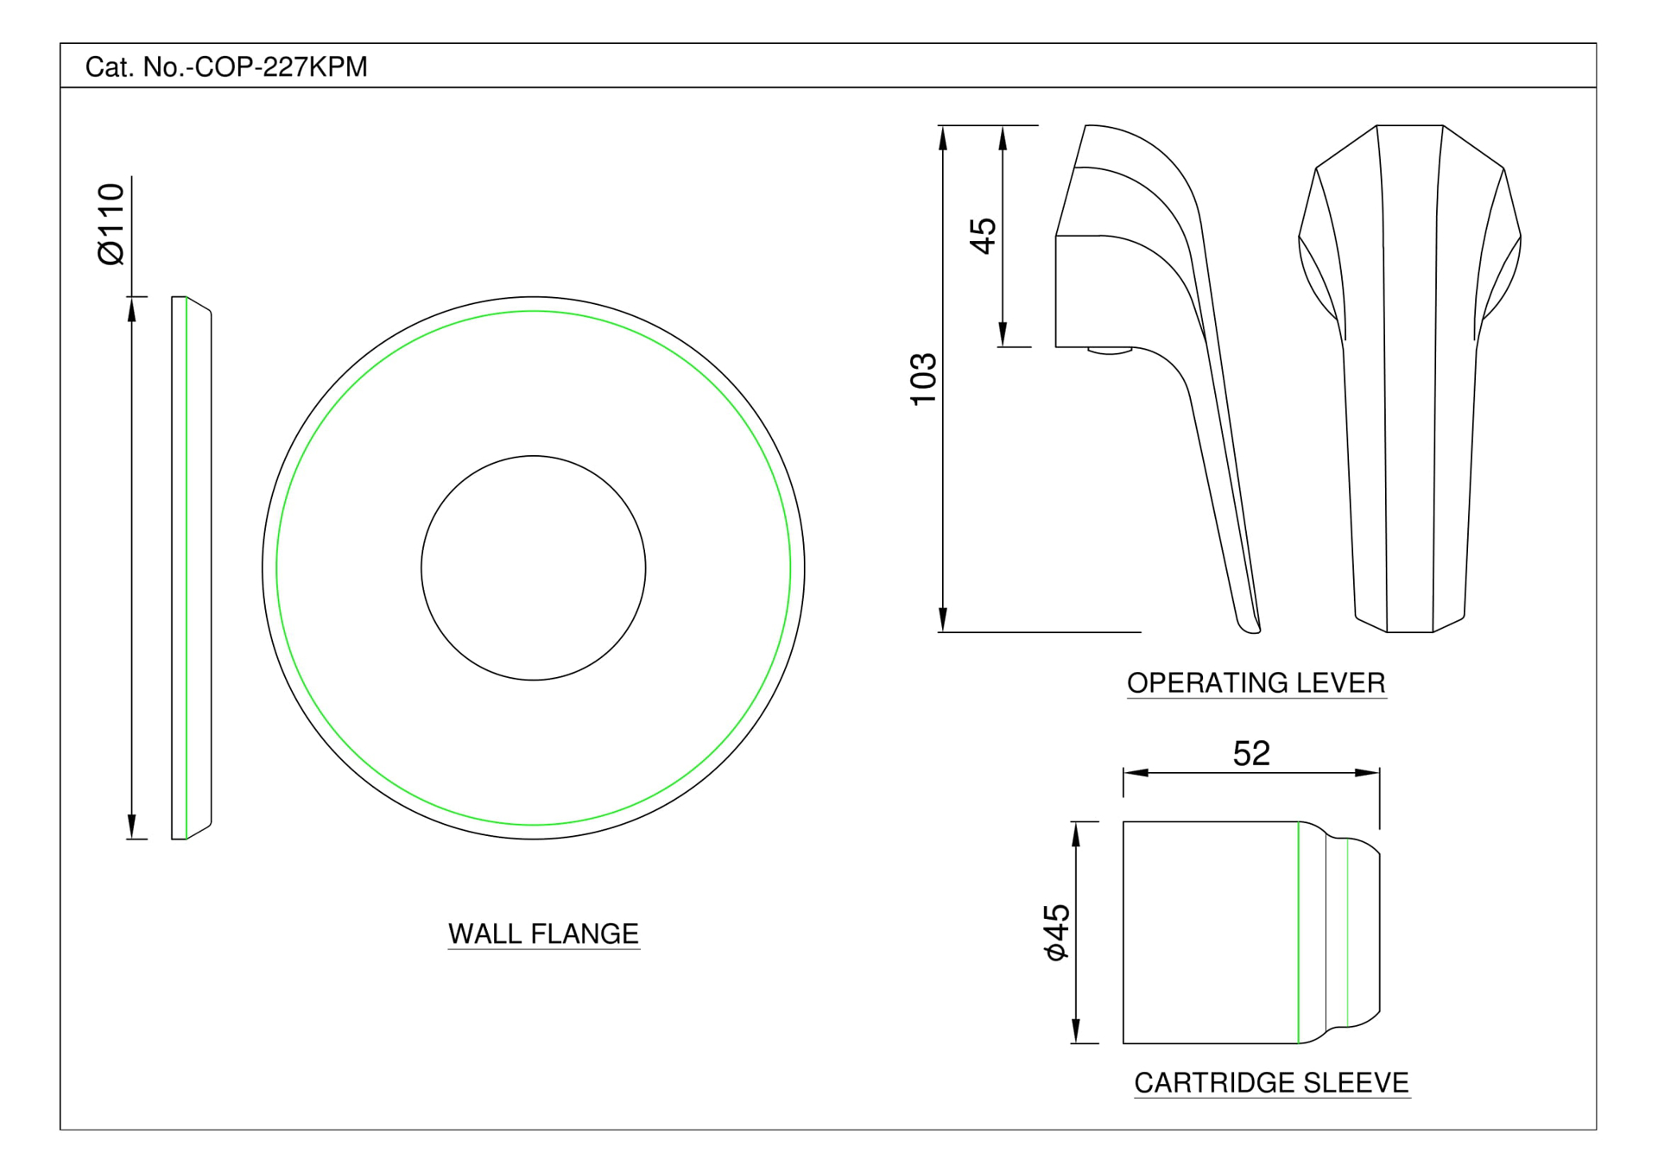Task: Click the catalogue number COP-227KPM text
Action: pos(226,67)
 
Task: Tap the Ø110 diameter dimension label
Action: pos(111,224)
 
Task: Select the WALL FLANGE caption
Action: pos(543,934)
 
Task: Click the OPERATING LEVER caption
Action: pos(1256,683)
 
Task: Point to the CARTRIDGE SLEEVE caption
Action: pos(1271,1082)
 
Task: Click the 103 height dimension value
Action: pos(924,378)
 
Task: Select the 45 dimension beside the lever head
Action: pos(984,236)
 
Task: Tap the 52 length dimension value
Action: pos(1251,753)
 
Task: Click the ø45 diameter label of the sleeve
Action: pos(1056,932)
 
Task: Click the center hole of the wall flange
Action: pos(533,567)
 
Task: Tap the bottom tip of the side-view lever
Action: pos(1250,628)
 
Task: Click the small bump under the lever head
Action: pos(1110,351)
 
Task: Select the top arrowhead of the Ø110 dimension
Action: pos(132,308)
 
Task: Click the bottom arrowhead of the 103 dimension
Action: pos(943,621)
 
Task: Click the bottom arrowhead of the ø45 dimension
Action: pos(1075,1032)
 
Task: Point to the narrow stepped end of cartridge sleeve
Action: pos(1364,932)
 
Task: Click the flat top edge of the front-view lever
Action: pos(1409,126)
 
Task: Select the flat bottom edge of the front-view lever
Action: pos(1409,632)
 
